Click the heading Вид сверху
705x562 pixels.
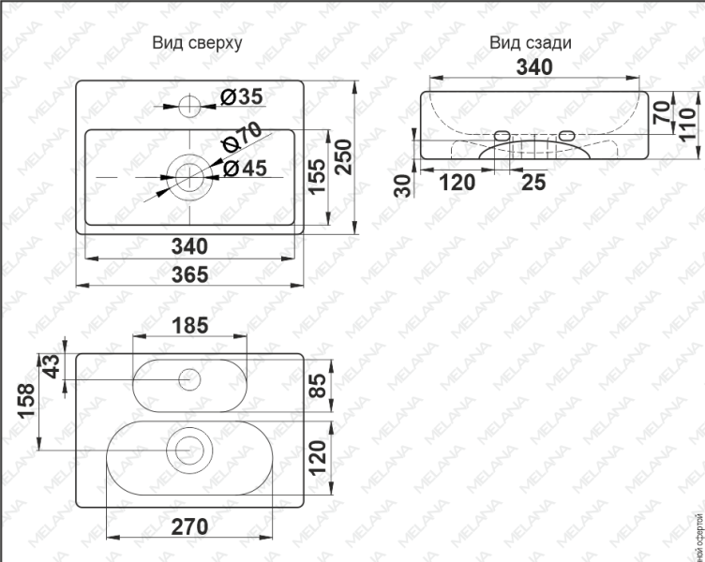pos(202,43)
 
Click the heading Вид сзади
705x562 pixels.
pos(531,43)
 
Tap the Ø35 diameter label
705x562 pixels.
pos(242,96)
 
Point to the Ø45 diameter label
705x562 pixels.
pos(246,168)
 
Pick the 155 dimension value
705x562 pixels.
pos(318,177)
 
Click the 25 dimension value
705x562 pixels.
pos(532,183)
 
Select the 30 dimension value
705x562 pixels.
pos(404,185)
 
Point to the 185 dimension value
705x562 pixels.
pos(191,327)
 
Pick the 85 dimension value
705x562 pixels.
pos(318,386)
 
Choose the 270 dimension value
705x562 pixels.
pos(189,526)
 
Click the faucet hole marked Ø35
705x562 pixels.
pos(190,103)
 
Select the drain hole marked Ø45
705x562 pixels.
pos(190,175)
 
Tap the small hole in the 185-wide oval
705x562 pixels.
pos(189,379)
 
